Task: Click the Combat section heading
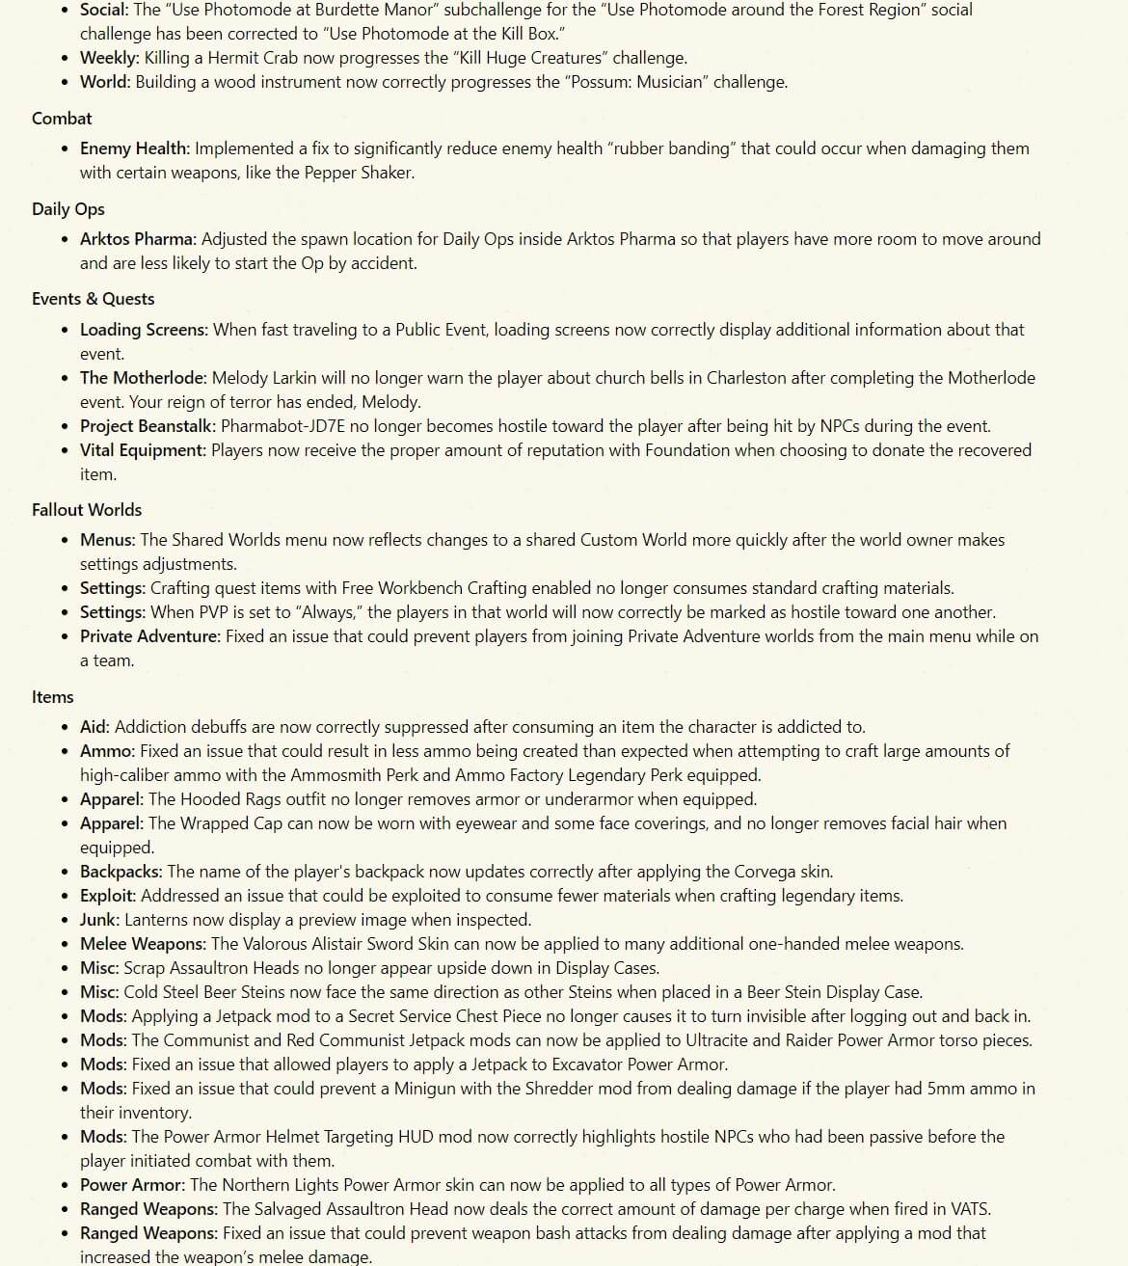point(62,119)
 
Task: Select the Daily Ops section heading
point(67,209)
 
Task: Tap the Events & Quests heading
point(93,299)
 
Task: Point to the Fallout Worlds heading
point(87,510)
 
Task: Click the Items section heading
point(52,697)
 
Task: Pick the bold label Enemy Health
point(134,148)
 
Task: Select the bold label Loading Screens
point(144,330)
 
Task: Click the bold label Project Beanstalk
point(148,426)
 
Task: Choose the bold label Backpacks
point(121,872)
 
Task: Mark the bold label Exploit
point(107,896)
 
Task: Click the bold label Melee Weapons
point(143,944)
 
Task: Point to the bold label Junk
point(99,920)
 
